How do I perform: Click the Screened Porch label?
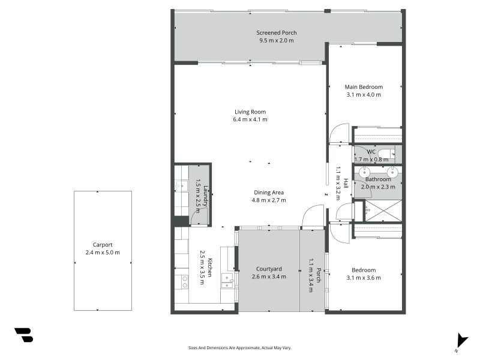coord(277,33)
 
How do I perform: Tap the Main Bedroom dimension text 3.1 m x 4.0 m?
coord(364,95)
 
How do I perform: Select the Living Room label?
coord(250,112)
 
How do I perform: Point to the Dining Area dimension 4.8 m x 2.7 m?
coord(269,200)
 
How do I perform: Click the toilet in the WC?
coord(386,154)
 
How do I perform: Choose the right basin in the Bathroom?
coord(392,171)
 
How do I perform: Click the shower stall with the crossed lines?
coord(383,211)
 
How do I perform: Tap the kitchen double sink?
coord(227,281)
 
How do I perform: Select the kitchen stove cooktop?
coord(185,282)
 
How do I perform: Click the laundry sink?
coord(182,186)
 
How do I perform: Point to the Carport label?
coord(103,245)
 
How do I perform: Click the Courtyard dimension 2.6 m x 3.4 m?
coord(269,277)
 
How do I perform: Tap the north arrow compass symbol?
coord(461,341)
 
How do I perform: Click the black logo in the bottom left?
coord(24,335)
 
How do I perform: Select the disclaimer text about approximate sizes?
coord(239,348)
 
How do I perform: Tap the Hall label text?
coord(346,183)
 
